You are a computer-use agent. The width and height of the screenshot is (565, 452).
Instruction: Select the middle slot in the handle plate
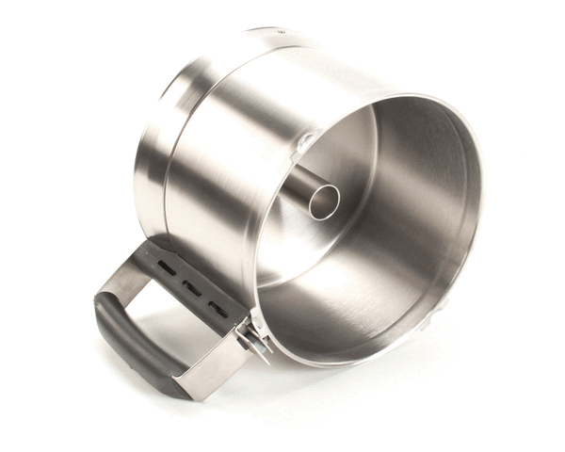pyautogui.click(x=190, y=286)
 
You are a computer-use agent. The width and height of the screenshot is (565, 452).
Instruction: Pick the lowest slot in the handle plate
pyautogui.click(x=216, y=306)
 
